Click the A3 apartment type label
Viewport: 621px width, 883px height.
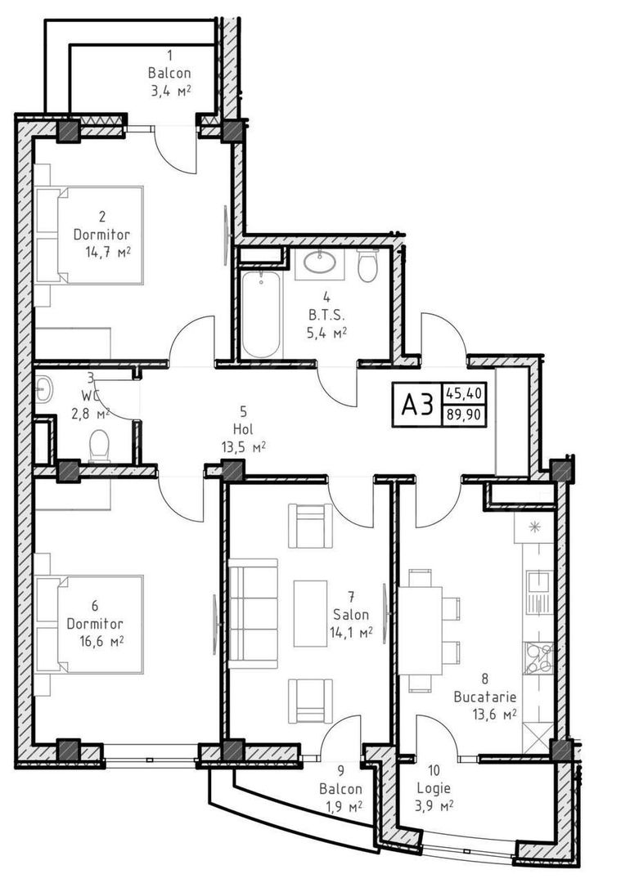coord(416,404)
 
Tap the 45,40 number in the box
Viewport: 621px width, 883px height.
coord(464,393)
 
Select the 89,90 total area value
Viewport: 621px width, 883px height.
coord(464,415)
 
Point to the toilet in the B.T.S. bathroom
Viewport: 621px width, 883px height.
coord(367,267)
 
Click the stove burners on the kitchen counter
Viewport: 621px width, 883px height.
coord(539,657)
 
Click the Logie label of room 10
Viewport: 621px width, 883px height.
coord(433,789)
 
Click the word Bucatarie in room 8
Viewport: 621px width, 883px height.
coord(485,697)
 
